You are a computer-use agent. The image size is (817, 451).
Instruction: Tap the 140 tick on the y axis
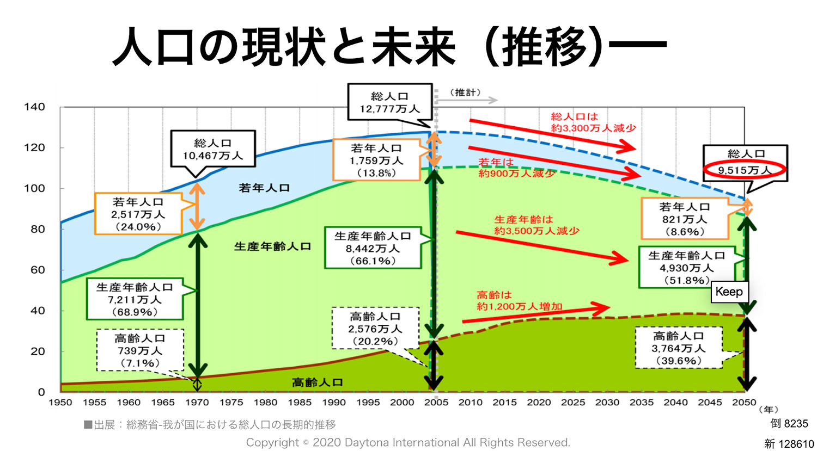pos(34,107)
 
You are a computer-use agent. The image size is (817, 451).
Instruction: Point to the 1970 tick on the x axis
pos(197,403)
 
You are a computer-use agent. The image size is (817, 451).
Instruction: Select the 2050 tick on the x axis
pos(744,403)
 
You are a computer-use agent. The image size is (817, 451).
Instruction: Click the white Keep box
pos(729,292)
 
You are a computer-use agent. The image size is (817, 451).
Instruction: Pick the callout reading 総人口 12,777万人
pos(390,102)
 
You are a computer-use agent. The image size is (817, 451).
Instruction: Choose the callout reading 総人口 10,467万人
pos(213,149)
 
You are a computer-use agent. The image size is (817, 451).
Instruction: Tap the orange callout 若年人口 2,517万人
pos(138,214)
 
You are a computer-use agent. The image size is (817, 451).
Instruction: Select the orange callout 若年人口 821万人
pos(685,219)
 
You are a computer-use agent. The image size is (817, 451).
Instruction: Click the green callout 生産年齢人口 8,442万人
pos(373,248)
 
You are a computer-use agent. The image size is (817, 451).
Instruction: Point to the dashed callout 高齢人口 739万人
pos(140,350)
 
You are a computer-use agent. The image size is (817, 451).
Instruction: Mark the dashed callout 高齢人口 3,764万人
pos(679,348)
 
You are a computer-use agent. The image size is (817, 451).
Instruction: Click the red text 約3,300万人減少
pos(594,128)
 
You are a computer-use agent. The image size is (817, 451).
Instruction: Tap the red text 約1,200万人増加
pos(520,306)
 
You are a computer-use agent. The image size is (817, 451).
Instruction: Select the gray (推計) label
pos(465,92)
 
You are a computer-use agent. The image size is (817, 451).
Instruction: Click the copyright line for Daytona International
pos(408,443)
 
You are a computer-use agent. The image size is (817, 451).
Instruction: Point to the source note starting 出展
pos(210,425)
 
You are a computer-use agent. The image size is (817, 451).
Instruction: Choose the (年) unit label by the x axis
pos(769,410)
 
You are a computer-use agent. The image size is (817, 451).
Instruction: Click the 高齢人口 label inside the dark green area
pos(318,382)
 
